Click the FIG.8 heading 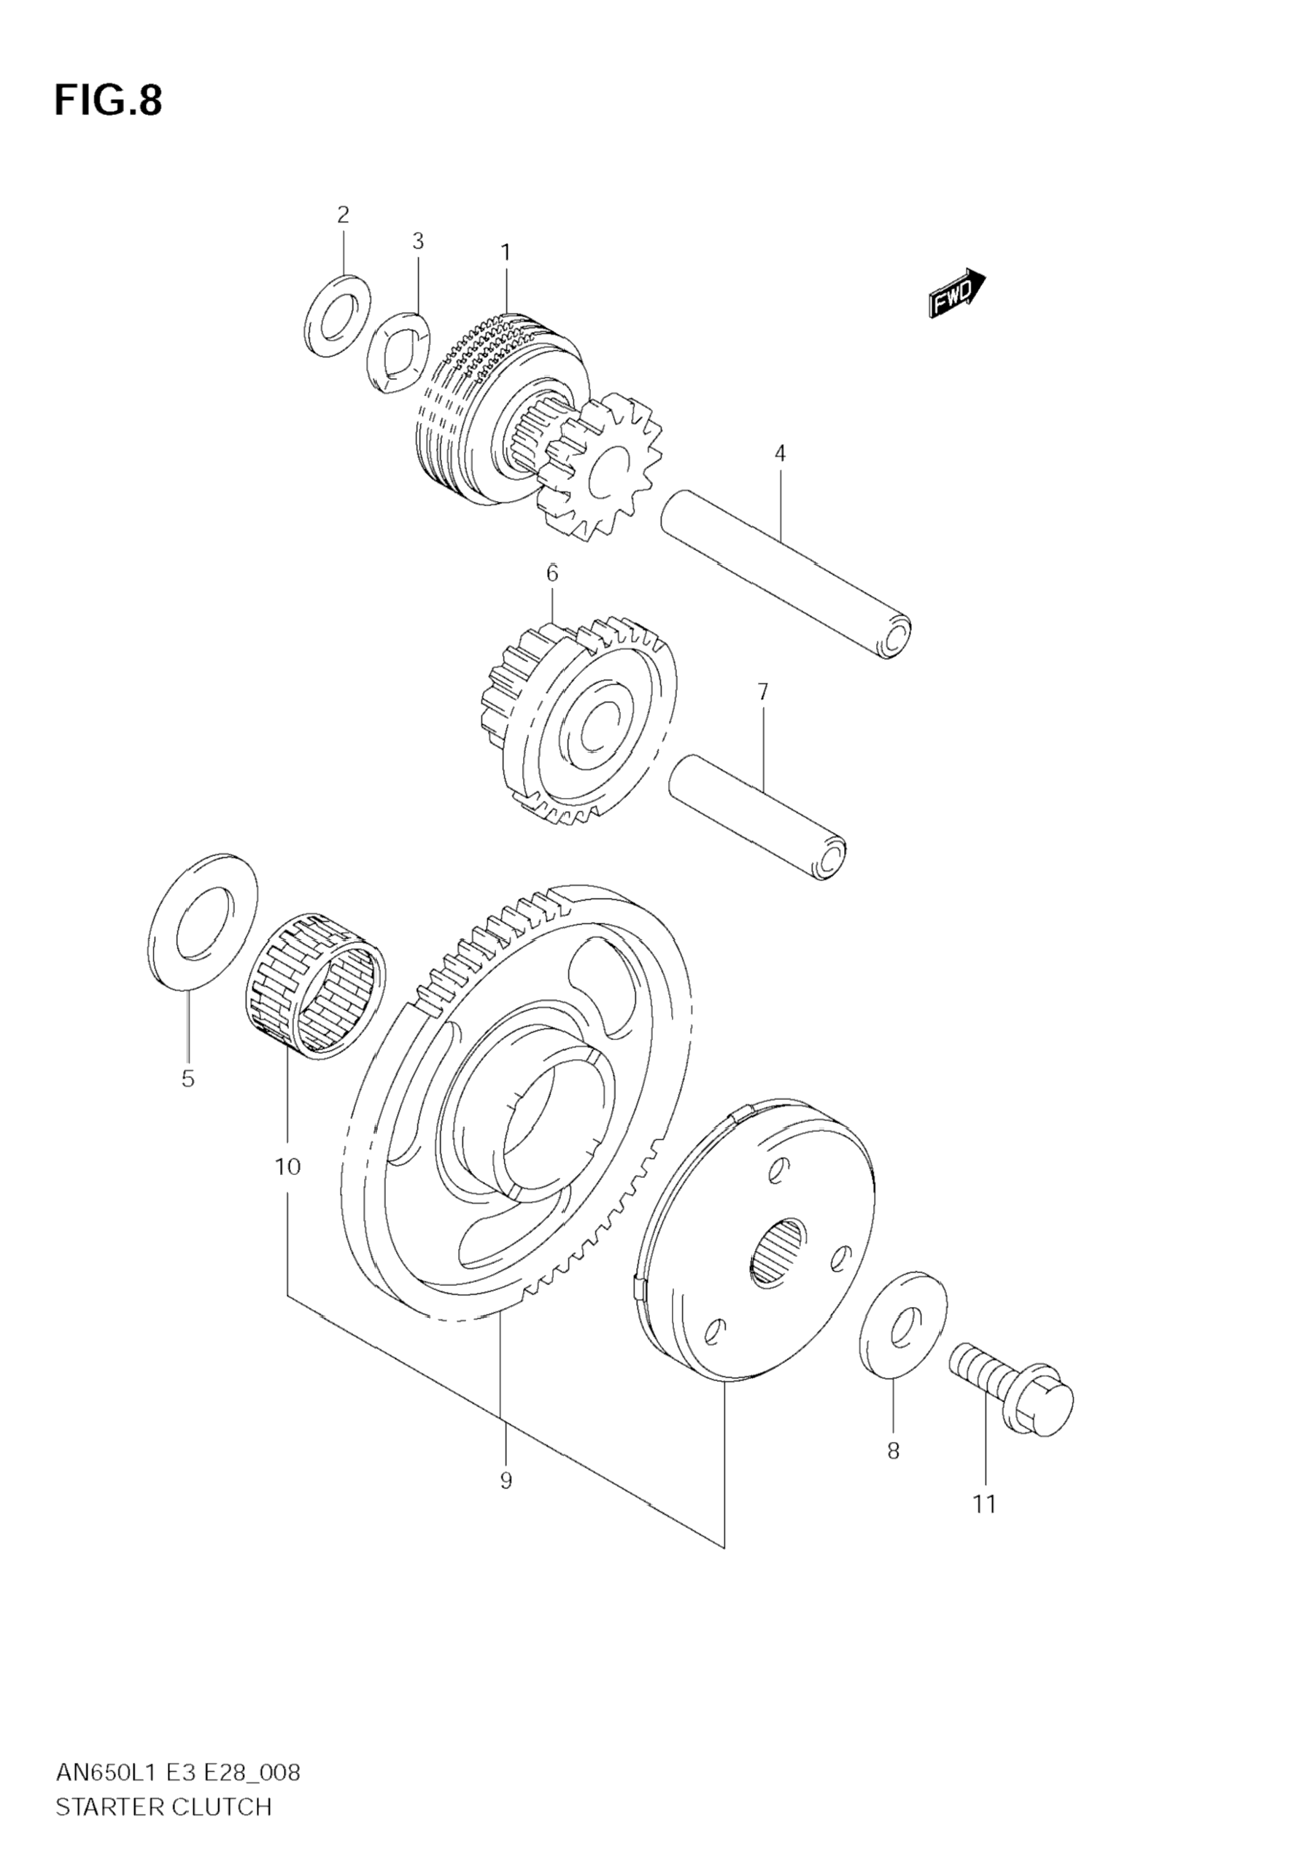[x=108, y=101]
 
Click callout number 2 [x=343, y=215]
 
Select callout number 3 [x=417, y=241]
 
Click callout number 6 [x=552, y=574]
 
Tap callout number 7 [x=762, y=692]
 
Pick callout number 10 [x=287, y=1167]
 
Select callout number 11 [x=984, y=1505]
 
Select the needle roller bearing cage [x=315, y=985]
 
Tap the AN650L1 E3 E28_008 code [x=178, y=1772]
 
